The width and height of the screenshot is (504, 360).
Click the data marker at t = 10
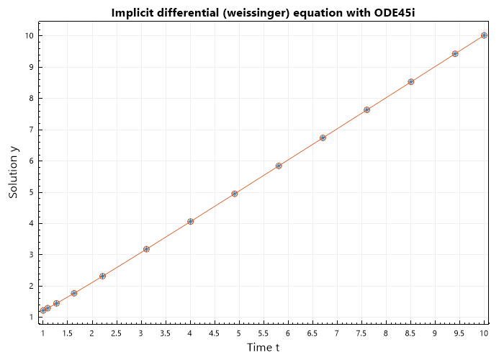tap(484, 35)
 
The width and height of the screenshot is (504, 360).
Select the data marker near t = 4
tap(190, 222)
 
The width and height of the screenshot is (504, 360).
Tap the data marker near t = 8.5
tap(411, 82)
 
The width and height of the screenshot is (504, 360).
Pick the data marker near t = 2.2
tap(102, 276)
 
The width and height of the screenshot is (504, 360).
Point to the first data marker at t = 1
tap(43, 310)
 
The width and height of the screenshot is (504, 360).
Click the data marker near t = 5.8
tap(279, 166)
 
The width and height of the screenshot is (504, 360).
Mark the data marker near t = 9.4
tap(455, 54)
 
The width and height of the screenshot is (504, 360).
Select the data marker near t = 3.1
tap(146, 249)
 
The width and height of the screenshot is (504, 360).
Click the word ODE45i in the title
tap(394, 13)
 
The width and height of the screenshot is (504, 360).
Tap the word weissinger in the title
tap(258, 13)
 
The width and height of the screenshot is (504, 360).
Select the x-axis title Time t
tap(263, 348)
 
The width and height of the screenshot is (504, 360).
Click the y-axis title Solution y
tap(13, 173)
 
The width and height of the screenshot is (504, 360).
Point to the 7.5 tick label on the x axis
tap(361, 333)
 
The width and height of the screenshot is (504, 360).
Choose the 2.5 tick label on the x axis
tap(117, 333)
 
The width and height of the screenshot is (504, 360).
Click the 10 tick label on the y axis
tap(30, 36)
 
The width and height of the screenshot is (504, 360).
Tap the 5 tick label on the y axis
tap(32, 192)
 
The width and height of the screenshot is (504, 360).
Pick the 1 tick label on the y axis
tap(32, 318)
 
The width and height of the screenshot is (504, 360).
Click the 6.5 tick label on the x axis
tap(312, 333)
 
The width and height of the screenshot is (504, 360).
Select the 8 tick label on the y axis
tap(32, 99)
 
